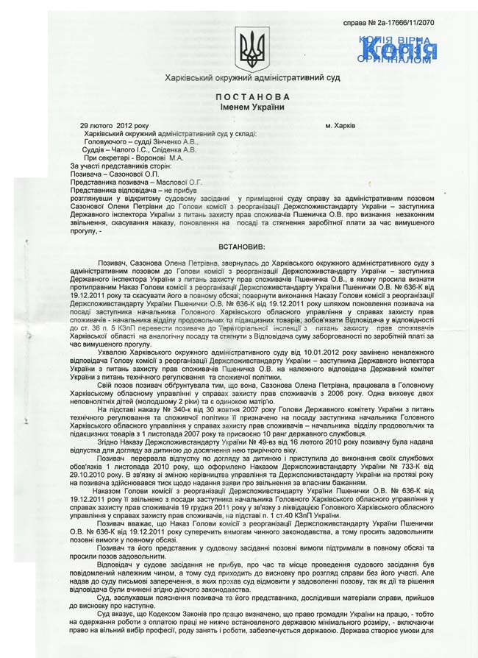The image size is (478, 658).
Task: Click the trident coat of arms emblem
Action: [252, 50]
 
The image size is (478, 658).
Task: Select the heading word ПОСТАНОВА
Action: [253, 97]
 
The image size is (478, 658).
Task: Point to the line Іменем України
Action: [253, 107]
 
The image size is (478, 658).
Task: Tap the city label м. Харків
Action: [340, 126]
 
